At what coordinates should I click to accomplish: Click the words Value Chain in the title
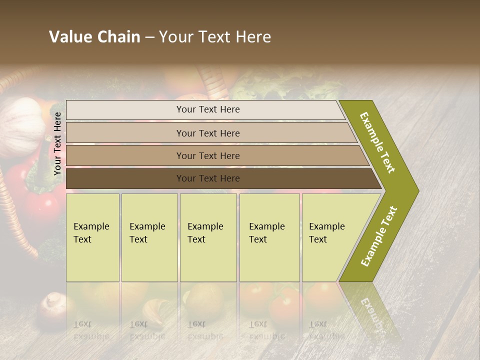[94, 37]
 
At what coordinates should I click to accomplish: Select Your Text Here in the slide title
[215, 37]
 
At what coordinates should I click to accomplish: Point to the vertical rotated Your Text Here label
[58, 143]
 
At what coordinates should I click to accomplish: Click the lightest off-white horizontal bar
[205, 109]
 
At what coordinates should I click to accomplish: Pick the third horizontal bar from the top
[215, 155]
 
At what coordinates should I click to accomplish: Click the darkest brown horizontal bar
[220, 178]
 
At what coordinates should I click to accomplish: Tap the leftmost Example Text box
[92, 237]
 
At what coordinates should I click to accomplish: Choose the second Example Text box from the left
[149, 237]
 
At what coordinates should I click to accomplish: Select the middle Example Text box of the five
[208, 237]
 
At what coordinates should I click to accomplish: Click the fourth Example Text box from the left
[269, 237]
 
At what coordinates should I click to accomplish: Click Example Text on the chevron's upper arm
[377, 142]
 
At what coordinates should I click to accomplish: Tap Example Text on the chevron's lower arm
[379, 236]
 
